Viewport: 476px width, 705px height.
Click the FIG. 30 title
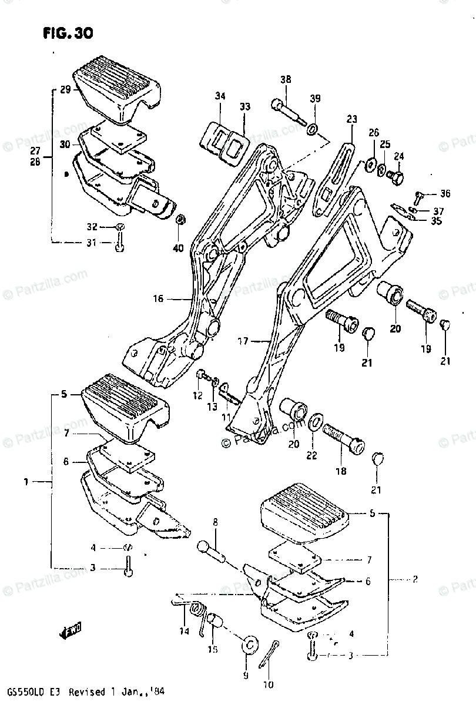(68, 33)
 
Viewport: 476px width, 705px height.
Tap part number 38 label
(286, 80)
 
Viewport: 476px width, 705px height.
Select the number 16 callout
(158, 299)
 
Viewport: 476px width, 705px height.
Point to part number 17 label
(243, 340)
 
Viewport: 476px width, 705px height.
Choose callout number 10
(269, 684)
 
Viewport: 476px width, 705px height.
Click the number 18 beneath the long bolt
(340, 471)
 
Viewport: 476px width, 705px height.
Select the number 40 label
(178, 248)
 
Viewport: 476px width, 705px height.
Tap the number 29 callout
(65, 90)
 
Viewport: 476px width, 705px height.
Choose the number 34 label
(220, 96)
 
